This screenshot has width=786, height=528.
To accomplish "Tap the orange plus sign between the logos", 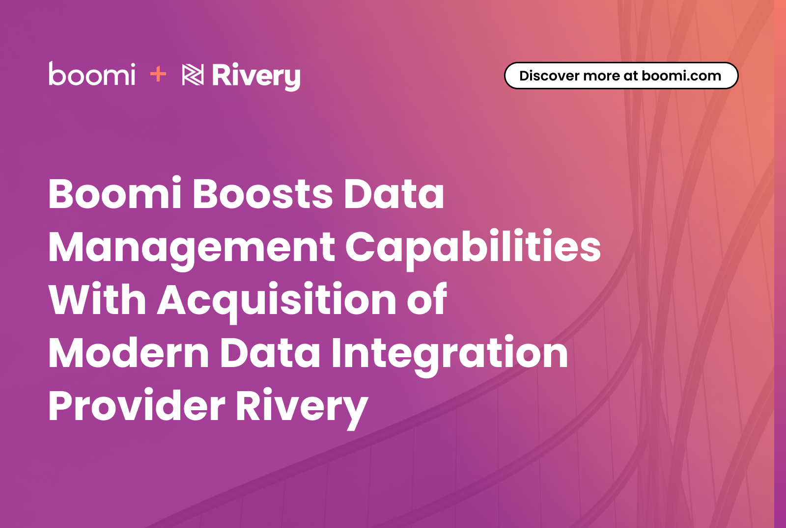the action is point(158,74).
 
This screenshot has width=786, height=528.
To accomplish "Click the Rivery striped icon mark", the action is point(193,75).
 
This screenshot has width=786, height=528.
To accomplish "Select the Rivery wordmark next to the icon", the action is point(256,77).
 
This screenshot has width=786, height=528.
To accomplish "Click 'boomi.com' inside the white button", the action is point(681,76).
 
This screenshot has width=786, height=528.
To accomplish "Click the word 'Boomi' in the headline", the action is point(115,193).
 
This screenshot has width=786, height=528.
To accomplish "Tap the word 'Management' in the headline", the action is point(192,249).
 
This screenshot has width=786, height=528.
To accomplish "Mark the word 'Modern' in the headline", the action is point(129,353).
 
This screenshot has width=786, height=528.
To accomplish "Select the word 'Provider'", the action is point(137,405).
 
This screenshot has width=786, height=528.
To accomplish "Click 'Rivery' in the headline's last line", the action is point(302,408).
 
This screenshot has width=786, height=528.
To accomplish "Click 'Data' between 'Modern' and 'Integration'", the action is point(270,353).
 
